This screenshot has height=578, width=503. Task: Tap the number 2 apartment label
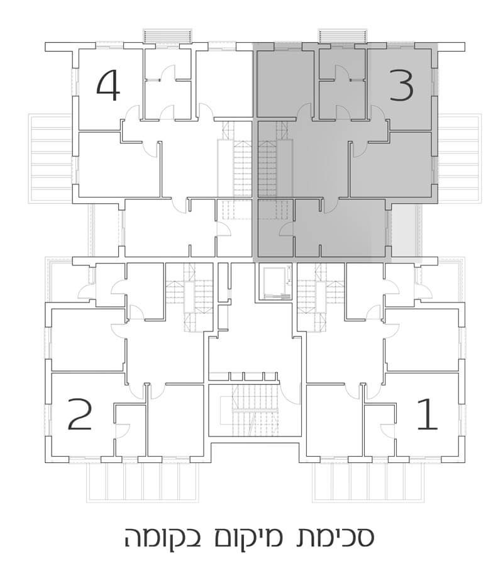click(x=80, y=415)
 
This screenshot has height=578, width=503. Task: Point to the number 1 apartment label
click(x=428, y=415)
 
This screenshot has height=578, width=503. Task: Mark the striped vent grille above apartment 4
click(x=166, y=36)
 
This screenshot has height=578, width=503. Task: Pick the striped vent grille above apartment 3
click(x=341, y=36)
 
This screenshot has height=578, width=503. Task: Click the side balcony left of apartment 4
click(x=52, y=157)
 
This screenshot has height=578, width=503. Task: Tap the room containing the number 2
click(x=82, y=415)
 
